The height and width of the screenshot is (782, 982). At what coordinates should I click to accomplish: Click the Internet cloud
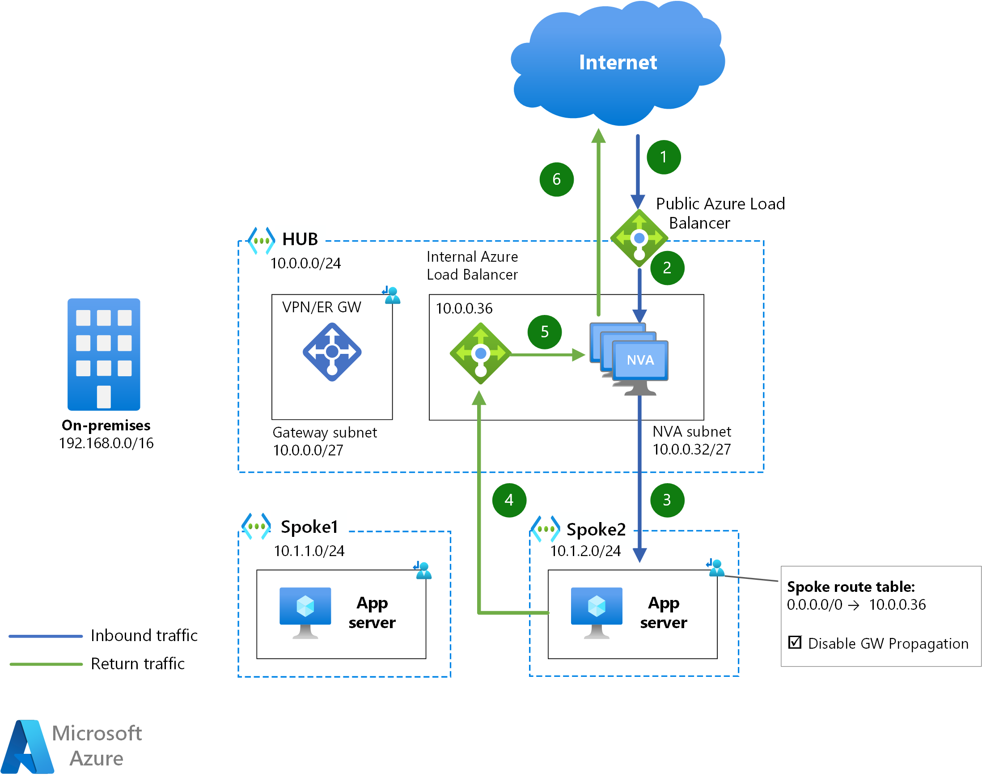(x=618, y=64)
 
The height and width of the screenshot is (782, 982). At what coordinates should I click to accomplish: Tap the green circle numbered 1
(x=664, y=157)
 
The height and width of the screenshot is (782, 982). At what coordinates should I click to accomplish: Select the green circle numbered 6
(x=556, y=179)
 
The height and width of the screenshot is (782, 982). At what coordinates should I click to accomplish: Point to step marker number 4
(x=509, y=500)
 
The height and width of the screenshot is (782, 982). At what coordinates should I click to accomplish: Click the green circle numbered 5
(x=544, y=332)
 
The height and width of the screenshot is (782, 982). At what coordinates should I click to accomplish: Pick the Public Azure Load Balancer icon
(x=639, y=238)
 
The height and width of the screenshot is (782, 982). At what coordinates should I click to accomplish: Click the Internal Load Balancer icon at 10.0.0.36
(x=481, y=353)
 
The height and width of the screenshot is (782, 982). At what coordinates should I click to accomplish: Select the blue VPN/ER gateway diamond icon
(x=332, y=352)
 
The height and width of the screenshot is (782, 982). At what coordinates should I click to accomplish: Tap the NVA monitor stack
(x=629, y=358)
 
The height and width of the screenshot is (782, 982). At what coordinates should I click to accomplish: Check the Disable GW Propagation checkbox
(x=794, y=642)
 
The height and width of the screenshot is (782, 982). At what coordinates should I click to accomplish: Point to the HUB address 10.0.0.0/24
(x=305, y=263)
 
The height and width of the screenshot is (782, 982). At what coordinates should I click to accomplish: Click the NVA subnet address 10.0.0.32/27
(x=691, y=450)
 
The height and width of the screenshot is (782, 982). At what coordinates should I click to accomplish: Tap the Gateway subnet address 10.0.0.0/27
(x=308, y=450)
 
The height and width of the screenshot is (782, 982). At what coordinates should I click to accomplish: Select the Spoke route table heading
(x=851, y=586)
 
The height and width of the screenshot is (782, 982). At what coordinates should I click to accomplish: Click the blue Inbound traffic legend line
(x=46, y=636)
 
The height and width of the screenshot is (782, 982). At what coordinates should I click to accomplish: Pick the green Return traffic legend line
(x=46, y=664)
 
